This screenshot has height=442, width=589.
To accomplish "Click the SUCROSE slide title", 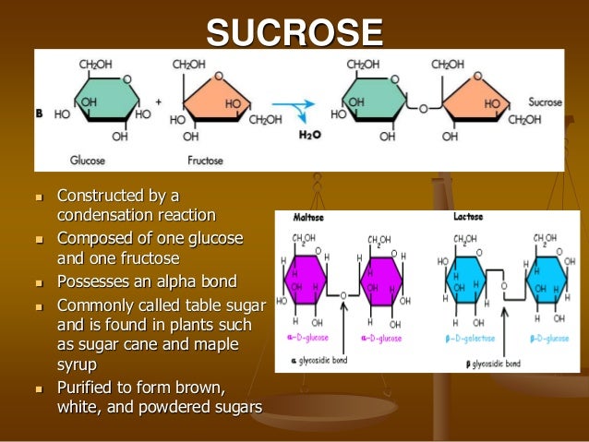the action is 294,33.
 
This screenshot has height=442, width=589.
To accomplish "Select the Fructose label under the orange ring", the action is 206,160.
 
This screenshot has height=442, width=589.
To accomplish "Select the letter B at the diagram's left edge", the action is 39,113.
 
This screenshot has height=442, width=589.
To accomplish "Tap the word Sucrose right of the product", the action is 545,102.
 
